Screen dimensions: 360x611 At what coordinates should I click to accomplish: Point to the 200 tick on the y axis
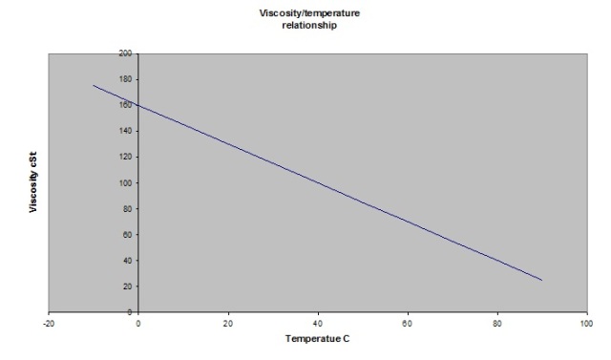coord(125,53)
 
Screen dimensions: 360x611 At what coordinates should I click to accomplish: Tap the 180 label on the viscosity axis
coord(125,79)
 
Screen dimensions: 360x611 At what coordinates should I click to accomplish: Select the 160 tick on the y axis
coord(125,105)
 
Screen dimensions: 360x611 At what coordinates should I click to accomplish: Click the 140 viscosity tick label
coord(125,131)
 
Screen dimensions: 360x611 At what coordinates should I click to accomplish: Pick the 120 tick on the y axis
coord(125,157)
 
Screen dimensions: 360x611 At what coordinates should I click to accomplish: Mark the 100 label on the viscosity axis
coord(125,182)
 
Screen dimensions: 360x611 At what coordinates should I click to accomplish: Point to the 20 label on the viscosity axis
coord(127,286)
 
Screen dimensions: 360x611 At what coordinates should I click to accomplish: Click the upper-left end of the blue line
coord(94,85)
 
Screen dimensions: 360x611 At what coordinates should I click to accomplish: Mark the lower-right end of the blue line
coord(541,280)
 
